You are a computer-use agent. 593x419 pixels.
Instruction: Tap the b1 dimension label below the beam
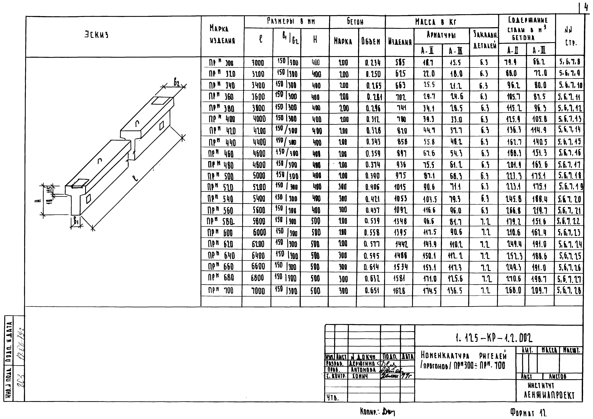(x=76, y=221)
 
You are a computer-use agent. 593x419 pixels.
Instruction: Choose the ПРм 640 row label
(x=221, y=255)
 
